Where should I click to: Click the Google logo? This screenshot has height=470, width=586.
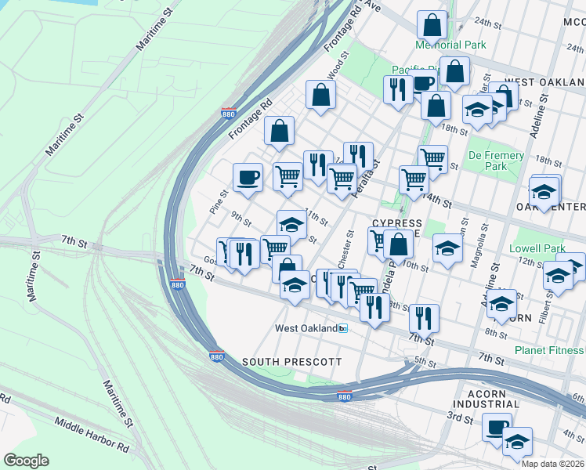26,460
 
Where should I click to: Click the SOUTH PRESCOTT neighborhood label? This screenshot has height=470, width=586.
291,361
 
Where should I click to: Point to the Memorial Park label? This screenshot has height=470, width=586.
450,45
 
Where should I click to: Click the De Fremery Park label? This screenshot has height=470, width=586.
497,161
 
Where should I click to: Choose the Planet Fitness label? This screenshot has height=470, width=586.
549,350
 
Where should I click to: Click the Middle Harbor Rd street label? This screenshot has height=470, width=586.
92,435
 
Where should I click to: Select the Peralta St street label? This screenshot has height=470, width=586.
366,179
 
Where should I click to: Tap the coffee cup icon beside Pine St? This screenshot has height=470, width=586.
248,177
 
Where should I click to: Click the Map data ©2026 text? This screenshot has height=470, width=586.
552,464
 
